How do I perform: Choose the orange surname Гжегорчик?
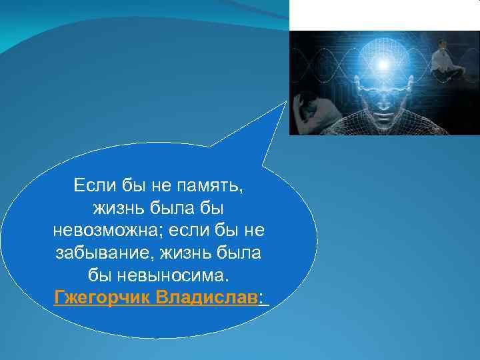[102, 297]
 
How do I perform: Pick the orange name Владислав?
[206, 297]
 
